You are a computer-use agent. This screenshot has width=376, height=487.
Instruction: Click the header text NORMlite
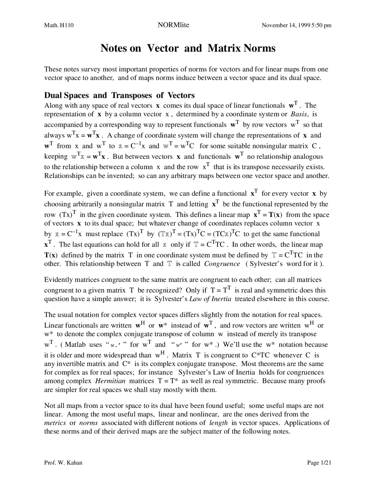(173, 25)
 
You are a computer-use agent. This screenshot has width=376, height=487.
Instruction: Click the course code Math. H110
(59, 25)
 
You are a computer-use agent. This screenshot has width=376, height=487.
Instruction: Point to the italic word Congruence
(222, 264)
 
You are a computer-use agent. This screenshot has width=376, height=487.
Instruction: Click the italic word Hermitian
(110, 381)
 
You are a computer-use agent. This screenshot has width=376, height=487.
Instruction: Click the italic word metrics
(55, 423)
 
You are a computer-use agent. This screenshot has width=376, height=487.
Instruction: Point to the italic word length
(218, 423)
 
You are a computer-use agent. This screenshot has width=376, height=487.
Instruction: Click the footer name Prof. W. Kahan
(63, 463)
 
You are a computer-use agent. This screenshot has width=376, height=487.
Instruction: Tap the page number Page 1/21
(319, 463)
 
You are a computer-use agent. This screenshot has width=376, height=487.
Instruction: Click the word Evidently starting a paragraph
(57, 280)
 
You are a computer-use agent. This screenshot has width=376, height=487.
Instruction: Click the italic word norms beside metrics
(88, 423)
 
